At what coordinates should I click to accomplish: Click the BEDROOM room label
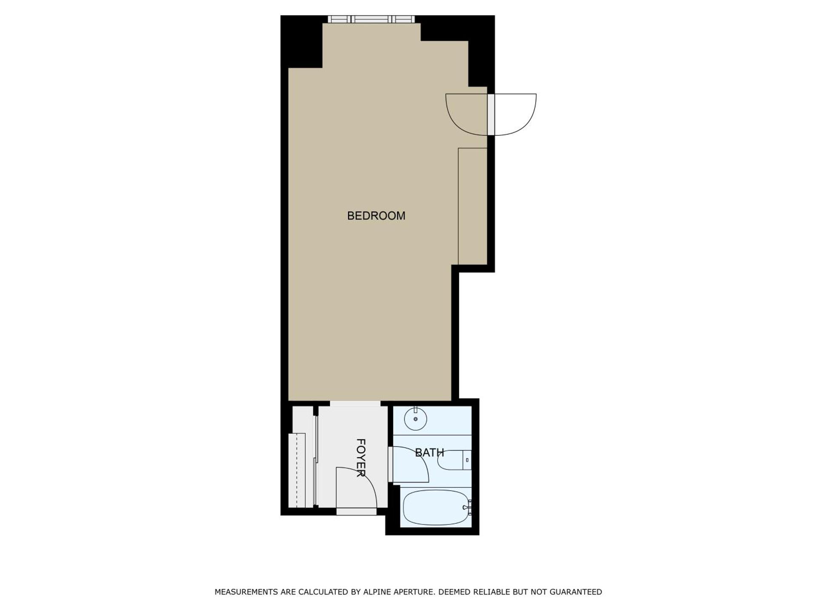tap(376, 216)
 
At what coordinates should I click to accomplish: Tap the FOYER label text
tap(361, 458)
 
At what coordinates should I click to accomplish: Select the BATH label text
tap(429, 453)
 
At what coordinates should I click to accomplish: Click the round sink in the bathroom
tap(415, 419)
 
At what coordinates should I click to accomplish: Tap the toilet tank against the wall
tap(467, 460)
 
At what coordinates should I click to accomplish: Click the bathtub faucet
tap(467, 507)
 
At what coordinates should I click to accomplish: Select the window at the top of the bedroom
tap(371, 19)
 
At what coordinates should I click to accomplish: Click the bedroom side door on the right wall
tap(491, 115)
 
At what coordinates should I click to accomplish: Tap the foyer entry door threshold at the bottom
tap(357, 511)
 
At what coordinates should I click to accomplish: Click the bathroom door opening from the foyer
tap(390, 464)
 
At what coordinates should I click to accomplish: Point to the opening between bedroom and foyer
tap(355, 404)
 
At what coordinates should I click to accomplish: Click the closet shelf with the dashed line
tap(297, 470)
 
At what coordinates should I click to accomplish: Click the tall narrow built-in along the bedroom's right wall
tap(472, 206)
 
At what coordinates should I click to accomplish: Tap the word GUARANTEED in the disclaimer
tap(576, 592)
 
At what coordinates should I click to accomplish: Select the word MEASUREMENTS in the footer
tap(246, 592)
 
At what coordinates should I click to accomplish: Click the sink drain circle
tap(415, 419)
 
